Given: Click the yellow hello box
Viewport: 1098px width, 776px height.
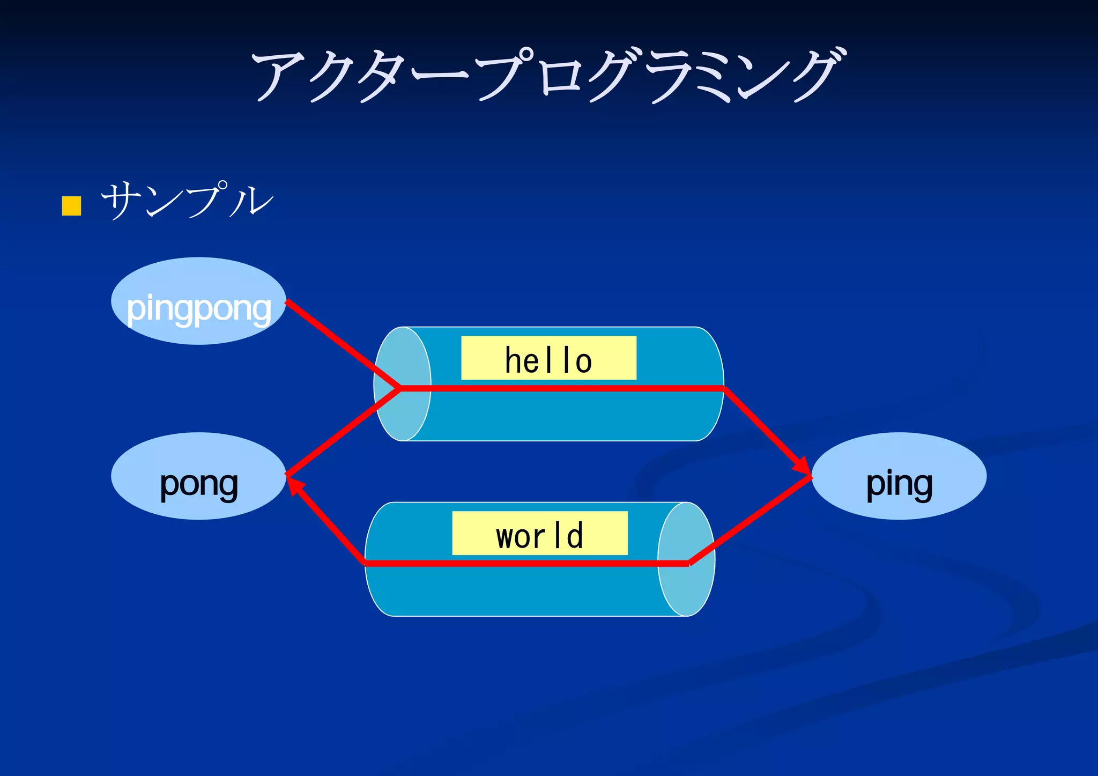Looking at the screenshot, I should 548,358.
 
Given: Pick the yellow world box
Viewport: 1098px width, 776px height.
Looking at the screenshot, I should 539,533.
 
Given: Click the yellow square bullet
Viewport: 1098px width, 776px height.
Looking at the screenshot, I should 71,206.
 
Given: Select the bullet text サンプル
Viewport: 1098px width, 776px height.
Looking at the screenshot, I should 188,200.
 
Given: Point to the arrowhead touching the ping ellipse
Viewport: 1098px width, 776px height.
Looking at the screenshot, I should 804,467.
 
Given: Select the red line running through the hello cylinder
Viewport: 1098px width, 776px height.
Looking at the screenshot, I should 563,388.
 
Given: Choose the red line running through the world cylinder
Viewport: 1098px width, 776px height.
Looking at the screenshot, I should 525,563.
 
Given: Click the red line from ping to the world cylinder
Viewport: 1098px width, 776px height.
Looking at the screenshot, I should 751,519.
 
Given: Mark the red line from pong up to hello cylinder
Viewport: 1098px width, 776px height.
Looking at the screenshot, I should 343,432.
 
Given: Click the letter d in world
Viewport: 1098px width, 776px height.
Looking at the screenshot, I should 575,535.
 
